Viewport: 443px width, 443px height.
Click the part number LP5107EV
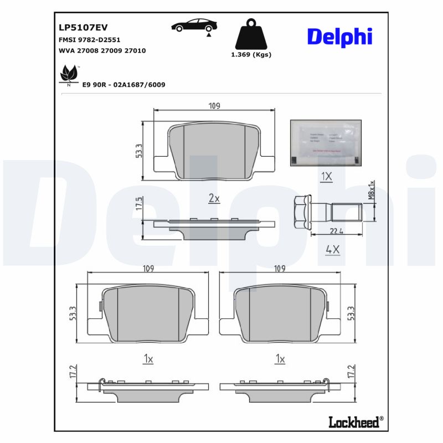[x=83, y=28]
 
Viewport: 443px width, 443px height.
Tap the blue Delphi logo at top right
[x=339, y=37]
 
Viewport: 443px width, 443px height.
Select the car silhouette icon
[x=194, y=25]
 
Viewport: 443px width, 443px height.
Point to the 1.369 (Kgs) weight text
[x=251, y=55]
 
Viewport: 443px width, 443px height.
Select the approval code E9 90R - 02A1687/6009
[x=123, y=85]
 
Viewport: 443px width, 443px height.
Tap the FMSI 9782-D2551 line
[x=89, y=40]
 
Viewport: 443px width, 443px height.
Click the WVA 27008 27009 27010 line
[x=102, y=50]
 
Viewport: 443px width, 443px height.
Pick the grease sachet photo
[x=326, y=142]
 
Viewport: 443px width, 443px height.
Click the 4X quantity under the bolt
[x=332, y=250]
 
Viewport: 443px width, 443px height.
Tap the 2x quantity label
[x=214, y=199]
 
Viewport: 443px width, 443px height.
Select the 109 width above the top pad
[x=214, y=106]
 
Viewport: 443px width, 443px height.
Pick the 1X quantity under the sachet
[x=327, y=177]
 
